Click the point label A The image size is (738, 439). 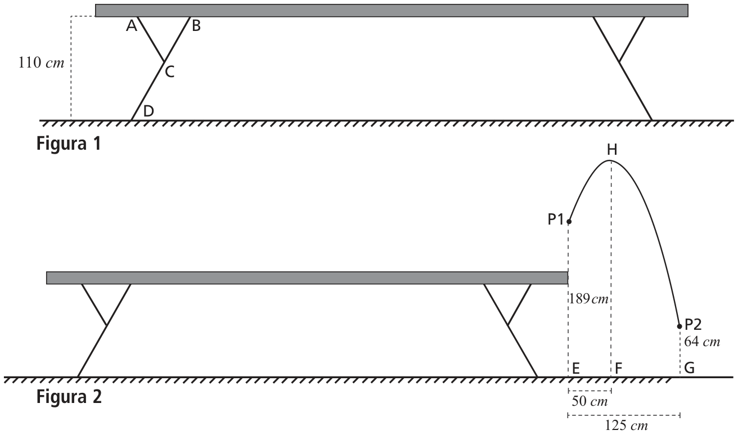coord(132,26)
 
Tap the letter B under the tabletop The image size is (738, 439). coord(196,26)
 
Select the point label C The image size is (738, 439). coord(169,72)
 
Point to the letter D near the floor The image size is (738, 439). coord(148,111)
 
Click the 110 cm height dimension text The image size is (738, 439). coord(41,62)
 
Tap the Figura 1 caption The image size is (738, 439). coord(69,144)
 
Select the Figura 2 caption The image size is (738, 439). coord(69,396)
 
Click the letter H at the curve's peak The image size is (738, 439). coord(612,150)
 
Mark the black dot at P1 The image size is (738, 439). coord(569,222)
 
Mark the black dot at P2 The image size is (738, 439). coord(679,326)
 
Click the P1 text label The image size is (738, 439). coord(556,219)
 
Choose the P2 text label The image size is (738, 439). coord(693,325)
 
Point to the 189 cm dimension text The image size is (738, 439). coord(589,299)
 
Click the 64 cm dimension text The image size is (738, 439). coord(702,342)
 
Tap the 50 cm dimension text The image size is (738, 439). coord(589,401)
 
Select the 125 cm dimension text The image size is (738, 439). coord(626,425)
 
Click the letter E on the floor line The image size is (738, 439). coord(576,368)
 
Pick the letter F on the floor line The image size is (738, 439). coord(618,368)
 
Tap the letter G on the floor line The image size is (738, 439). coord(689,368)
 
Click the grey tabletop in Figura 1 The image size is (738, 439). coord(391,11)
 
